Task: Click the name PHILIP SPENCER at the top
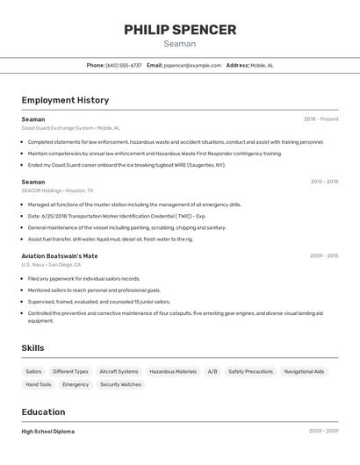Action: coord(180,30)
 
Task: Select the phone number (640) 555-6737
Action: coord(124,65)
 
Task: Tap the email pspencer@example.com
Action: coord(193,65)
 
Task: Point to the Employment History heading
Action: coord(65,100)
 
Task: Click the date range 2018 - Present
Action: coord(320,118)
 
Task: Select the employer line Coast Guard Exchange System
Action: coord(70,128)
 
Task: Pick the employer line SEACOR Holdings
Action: coord(57,190)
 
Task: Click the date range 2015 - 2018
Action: coord(324,182)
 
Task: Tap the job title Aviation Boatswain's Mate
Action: coord(60,255)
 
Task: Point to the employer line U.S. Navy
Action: coord(51,264)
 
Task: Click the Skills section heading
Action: coord(32,348)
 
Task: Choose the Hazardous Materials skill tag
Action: coord(173,371)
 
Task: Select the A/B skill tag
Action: coord(212,371)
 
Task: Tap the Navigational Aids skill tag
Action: coord(304,371)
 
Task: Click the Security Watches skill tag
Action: coord(120,384)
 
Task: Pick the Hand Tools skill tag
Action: coord(39,384)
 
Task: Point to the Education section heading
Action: coord(43,412)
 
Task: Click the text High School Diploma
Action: coord(48,432)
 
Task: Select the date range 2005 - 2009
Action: coord(323,432)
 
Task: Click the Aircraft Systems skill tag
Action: coord(119,371)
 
